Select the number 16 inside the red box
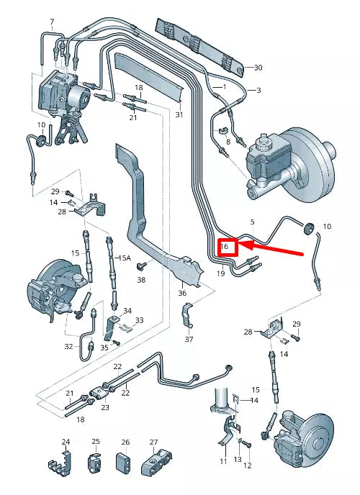(x=225, y=247)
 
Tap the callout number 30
(x=258, y=68)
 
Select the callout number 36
(x=182, y=293)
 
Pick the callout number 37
(x=189, y=339)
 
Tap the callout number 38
(x=141, y=280)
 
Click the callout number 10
(x=327, y=227)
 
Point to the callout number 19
(x=220, y=274)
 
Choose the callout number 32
(x=68, y=346)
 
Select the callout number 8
(x=228, y=142)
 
